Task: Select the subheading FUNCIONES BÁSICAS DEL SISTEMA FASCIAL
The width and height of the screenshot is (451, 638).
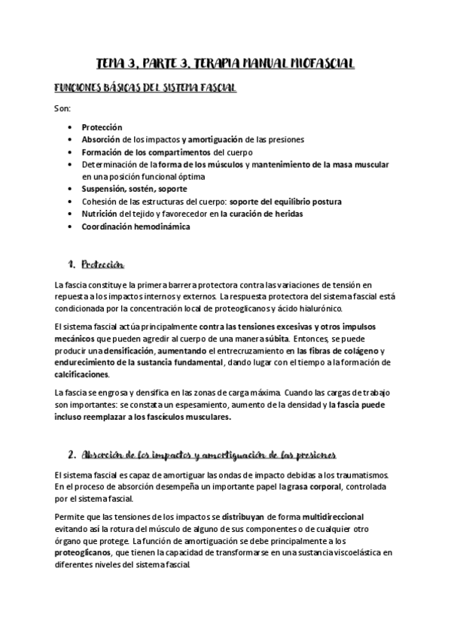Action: coord(145,89)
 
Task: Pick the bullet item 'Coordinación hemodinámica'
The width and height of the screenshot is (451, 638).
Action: coord(136,226)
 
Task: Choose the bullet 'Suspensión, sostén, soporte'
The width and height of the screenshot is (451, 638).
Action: coord(135,189)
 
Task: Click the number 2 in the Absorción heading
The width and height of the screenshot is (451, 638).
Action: coord(71,455)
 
